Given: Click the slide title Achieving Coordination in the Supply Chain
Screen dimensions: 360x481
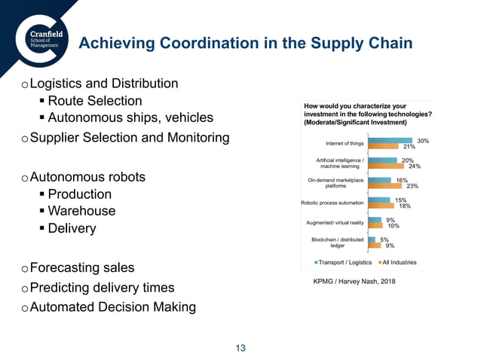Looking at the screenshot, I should coord(246,43).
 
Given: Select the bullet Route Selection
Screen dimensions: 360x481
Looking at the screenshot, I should coord(94,100).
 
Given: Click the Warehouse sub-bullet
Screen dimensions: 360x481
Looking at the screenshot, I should coord(81,211).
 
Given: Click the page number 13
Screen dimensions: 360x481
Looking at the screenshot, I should coord(240,348).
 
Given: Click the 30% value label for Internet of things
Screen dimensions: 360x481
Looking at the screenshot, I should coord(423,141).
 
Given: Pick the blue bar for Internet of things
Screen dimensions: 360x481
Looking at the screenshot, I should coord(393,141).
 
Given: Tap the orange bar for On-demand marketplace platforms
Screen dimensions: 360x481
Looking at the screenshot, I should coord(385,186).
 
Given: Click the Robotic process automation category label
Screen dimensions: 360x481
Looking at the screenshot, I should coord(332,203).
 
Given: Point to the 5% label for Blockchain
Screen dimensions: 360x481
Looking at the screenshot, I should coord(384,239).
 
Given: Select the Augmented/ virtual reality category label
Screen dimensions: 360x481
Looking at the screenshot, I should coord(335,223).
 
